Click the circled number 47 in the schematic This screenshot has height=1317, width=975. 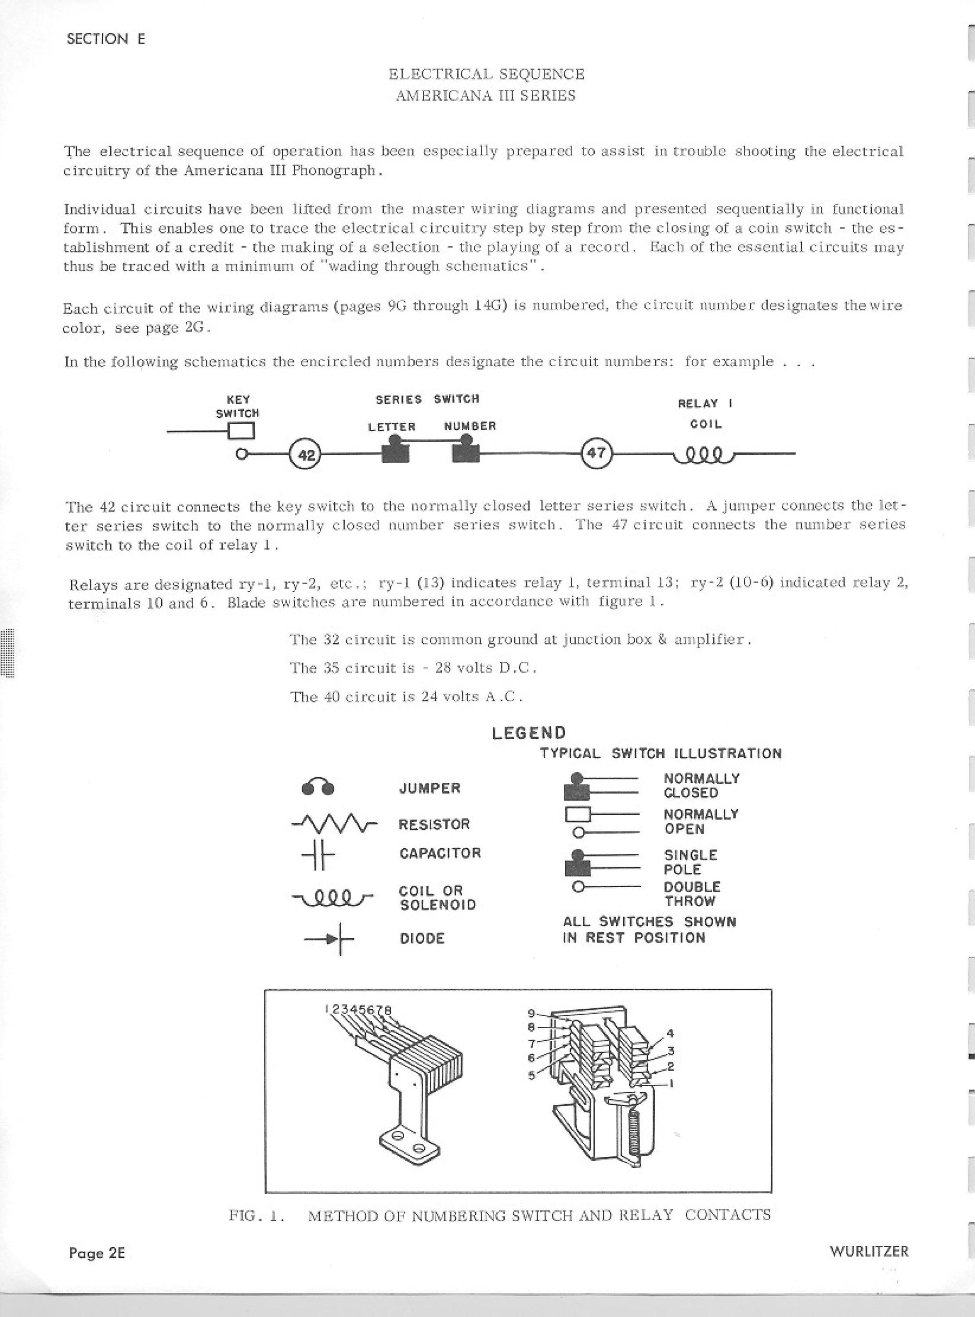coord(597,454)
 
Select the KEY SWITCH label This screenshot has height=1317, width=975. coord(238,407)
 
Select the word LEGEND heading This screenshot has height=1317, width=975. coord(529,733)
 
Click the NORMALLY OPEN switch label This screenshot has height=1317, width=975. coord(701,821)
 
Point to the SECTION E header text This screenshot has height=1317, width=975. coord(106,39)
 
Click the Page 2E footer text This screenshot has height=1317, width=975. coord(97,1253)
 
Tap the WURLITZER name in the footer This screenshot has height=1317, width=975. coord(869,1251)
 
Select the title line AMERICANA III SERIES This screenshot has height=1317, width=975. coord(485,96)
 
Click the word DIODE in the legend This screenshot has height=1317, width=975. coord(422,938)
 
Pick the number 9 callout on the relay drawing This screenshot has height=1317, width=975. coord(531,1013)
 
